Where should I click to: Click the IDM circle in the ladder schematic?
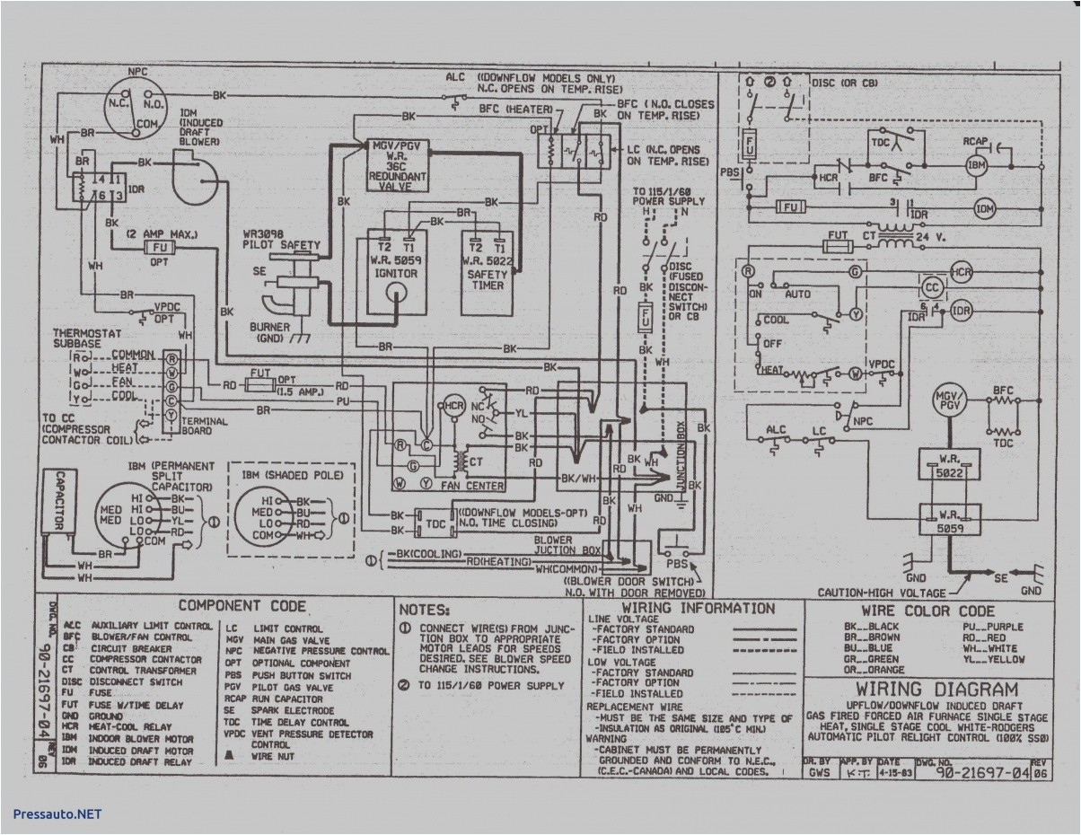point(986,209)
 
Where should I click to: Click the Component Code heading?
point(242,606)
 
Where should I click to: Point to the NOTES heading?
point(425,608)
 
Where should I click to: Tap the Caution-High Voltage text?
point(882,593)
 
